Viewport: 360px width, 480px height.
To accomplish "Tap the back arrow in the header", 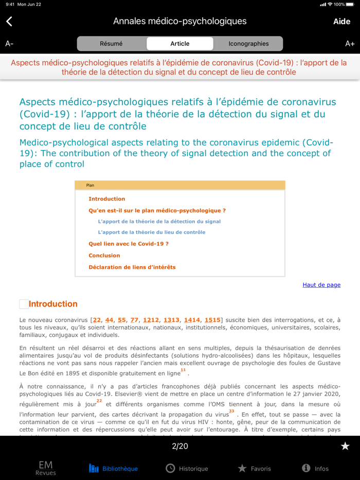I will coord(9,21).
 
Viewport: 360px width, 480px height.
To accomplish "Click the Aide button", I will coord(341,21).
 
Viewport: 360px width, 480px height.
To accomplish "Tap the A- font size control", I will coord(9,44).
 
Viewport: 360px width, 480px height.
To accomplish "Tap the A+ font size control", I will coord(350,44).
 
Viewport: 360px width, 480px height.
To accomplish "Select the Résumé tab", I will coord(111,44).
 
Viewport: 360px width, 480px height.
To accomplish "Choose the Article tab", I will coord(180,44).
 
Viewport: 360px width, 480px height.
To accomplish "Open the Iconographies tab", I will coord(248,44).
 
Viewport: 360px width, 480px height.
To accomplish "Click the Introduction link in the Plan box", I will coord(106,199).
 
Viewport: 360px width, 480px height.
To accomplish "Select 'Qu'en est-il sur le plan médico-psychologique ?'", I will coord(157,211).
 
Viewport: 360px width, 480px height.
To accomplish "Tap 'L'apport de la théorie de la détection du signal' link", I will coord(159,221).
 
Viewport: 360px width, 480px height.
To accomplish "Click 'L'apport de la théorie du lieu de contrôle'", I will coord(151,232).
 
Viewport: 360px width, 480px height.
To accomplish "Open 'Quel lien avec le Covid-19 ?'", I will coord(128,244).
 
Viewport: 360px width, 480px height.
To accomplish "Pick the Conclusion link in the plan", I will coord(104,255).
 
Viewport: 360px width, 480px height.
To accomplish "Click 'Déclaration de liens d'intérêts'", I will coord(132,267).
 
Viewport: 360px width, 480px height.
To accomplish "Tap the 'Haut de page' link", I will coord(321,285).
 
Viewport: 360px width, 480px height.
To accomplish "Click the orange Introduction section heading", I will coord(53,304).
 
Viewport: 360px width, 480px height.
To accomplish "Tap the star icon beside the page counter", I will coord(345,446).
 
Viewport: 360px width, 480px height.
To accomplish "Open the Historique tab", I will coord(187,468).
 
